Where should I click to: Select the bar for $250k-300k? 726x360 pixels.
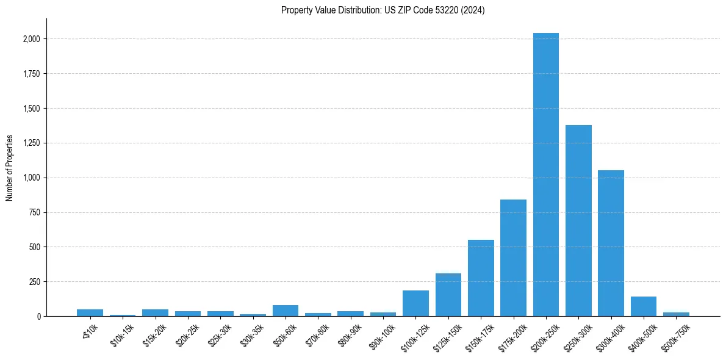(578, 220)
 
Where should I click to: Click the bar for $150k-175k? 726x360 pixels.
(481, 278)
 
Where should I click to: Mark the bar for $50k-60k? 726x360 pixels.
(286, 311)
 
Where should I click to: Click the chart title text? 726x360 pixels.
(383, 10)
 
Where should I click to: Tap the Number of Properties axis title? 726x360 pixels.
(10, 168)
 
